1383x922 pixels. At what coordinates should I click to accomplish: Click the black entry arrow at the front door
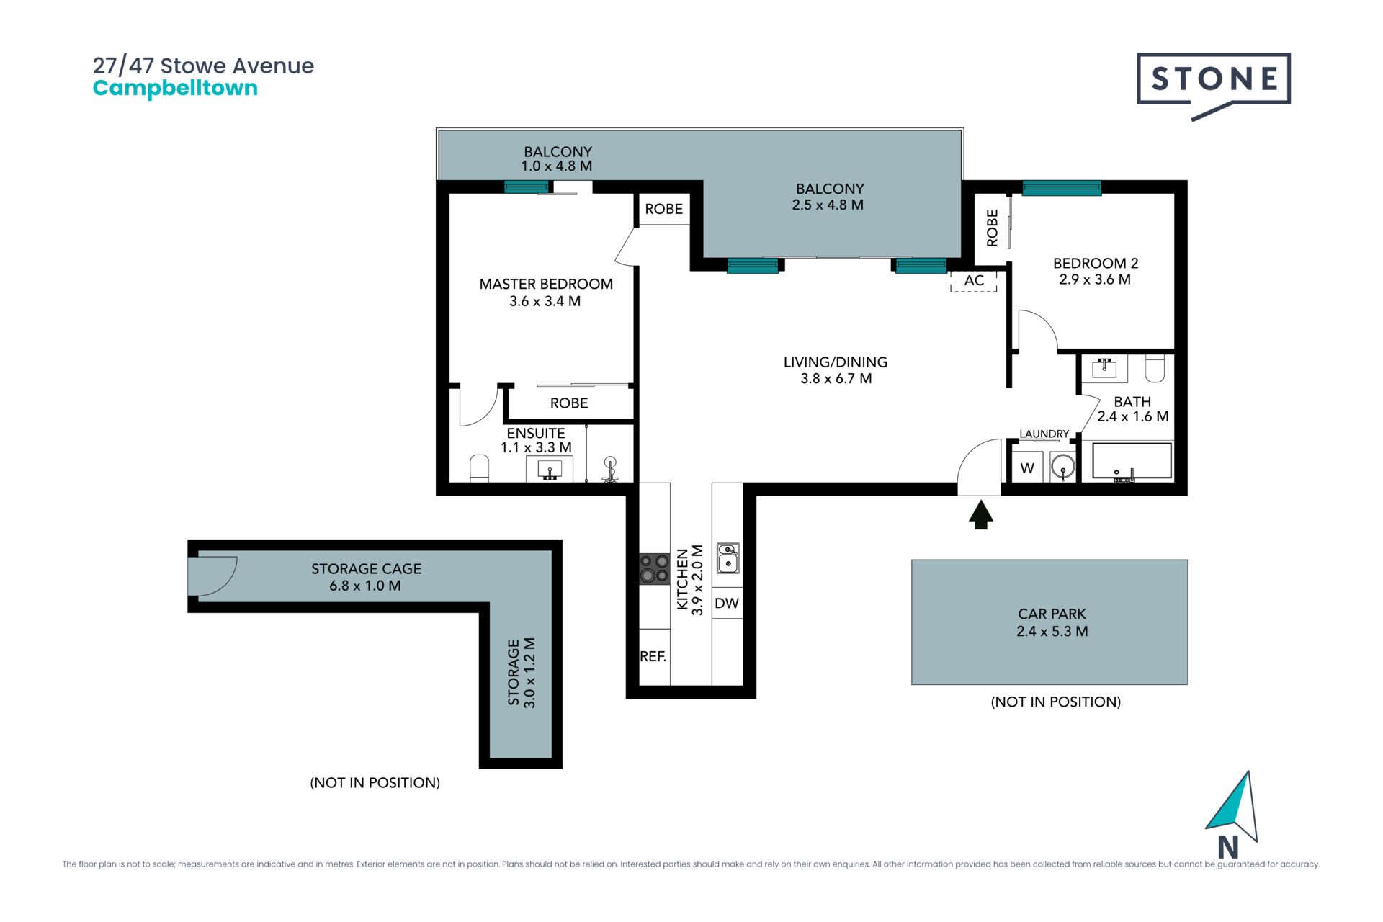[x=980, y=515]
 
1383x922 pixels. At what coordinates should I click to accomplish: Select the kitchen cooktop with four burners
[x=655, y=568]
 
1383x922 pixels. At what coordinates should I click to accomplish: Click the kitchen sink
[x=728, y=558]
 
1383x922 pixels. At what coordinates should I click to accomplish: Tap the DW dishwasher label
[x=727, y=603]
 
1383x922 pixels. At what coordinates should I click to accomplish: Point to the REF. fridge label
[x=653, y=656]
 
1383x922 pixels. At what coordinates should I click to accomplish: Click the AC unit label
[x=974, y=280]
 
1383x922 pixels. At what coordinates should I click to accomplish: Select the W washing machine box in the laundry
[x=1027, y=467]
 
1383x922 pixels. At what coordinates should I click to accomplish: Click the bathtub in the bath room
[x=1132, y=461]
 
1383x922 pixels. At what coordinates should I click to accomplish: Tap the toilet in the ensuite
[x=479, y=468]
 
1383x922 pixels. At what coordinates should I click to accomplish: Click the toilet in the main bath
[x=1155, y=368]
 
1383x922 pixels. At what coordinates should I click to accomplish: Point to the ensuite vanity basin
[x=550, y=469]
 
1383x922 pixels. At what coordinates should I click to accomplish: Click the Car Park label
[x=1052, y=614]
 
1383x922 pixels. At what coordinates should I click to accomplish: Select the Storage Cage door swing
[x=213, y=576]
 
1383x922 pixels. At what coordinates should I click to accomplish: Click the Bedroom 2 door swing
[x=1038, y=331]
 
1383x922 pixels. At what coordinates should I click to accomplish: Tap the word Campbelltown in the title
[x=175, y=89]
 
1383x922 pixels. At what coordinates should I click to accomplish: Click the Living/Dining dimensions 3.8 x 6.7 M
[x=836, y=378]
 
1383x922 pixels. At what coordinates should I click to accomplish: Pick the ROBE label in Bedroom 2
[x=992, y=228]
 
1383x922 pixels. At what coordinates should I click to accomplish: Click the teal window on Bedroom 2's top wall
[x=1062, y=188]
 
